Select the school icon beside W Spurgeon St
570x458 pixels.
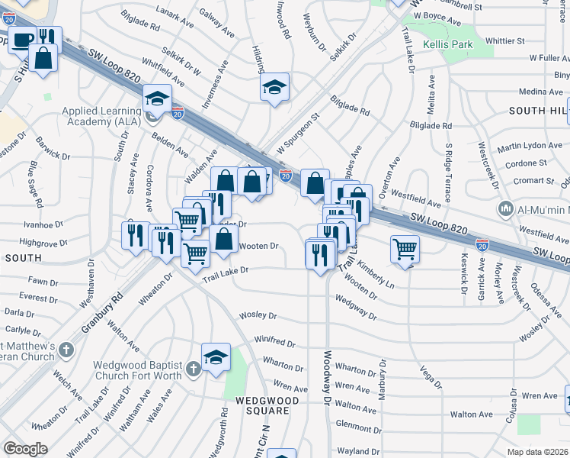(x=274, y=89)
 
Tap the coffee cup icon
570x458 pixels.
(x=22, y=40)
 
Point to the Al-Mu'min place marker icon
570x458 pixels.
(x=505, y=209)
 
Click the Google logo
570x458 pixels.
(x=25, y=449)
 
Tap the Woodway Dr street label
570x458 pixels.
(x=328, y=378)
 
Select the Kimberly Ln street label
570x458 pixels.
(x=376, y=278)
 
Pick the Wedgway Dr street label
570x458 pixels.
(x=355, y=309)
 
